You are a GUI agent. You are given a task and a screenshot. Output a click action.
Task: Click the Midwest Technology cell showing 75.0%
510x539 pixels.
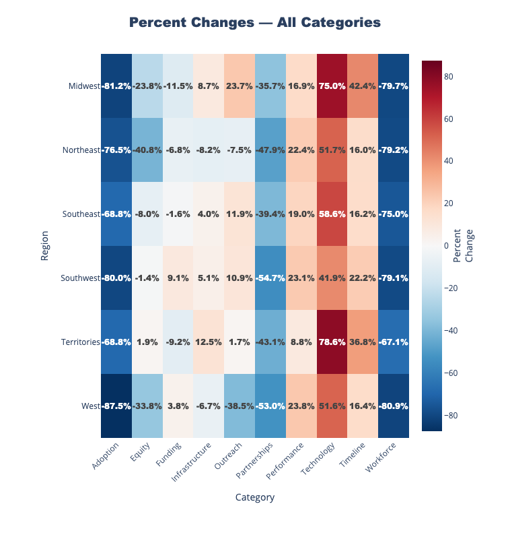point(332,86)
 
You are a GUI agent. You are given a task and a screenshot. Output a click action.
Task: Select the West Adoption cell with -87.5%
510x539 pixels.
point(116,406)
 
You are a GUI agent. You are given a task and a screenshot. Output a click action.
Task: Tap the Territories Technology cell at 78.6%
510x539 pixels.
point(332,342)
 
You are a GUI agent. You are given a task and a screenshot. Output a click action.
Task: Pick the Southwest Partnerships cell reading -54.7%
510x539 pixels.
point(270,278)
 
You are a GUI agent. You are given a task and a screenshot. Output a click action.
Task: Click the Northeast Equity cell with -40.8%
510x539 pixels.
point(147,150)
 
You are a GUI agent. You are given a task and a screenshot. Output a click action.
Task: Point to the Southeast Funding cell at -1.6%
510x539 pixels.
point(178,214)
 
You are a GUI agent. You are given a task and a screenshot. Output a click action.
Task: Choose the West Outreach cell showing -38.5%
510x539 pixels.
point(240,406)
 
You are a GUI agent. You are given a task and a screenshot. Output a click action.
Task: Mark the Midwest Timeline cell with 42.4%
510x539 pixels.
point(363,86)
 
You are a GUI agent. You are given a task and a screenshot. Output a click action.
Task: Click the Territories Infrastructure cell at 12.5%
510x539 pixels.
point(209,342)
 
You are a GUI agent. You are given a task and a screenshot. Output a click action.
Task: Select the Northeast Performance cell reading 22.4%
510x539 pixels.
point(301,150)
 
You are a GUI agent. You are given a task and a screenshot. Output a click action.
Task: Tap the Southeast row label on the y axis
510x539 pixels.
point(80,214)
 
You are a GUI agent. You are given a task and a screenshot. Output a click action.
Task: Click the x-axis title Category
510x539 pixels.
point(255,497)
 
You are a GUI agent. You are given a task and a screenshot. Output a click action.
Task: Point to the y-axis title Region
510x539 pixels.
point(45,246)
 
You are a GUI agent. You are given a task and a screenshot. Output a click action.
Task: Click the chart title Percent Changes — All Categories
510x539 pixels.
point(255,23)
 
